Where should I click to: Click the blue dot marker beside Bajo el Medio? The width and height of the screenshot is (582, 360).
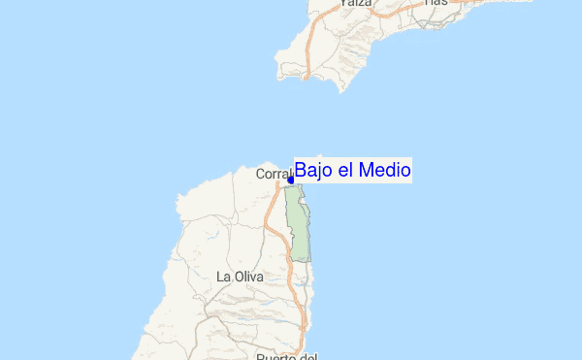coord(291,180)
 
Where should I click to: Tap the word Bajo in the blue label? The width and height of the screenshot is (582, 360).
coord(313,171)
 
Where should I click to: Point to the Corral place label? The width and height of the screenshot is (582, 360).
coord(273,175)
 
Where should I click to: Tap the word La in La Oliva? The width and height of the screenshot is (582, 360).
coord(224,277)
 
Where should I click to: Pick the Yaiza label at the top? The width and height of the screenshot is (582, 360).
coord(356,4)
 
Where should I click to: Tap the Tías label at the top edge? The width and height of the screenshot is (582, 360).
coord(436,3)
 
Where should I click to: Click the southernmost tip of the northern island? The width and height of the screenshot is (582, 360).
coord(341,90)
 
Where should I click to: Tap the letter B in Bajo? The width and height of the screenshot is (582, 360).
coord(301,171)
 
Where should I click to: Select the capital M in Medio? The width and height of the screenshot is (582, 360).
coord(365,171)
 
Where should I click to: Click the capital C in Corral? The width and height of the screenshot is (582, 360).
coord(260,175)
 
